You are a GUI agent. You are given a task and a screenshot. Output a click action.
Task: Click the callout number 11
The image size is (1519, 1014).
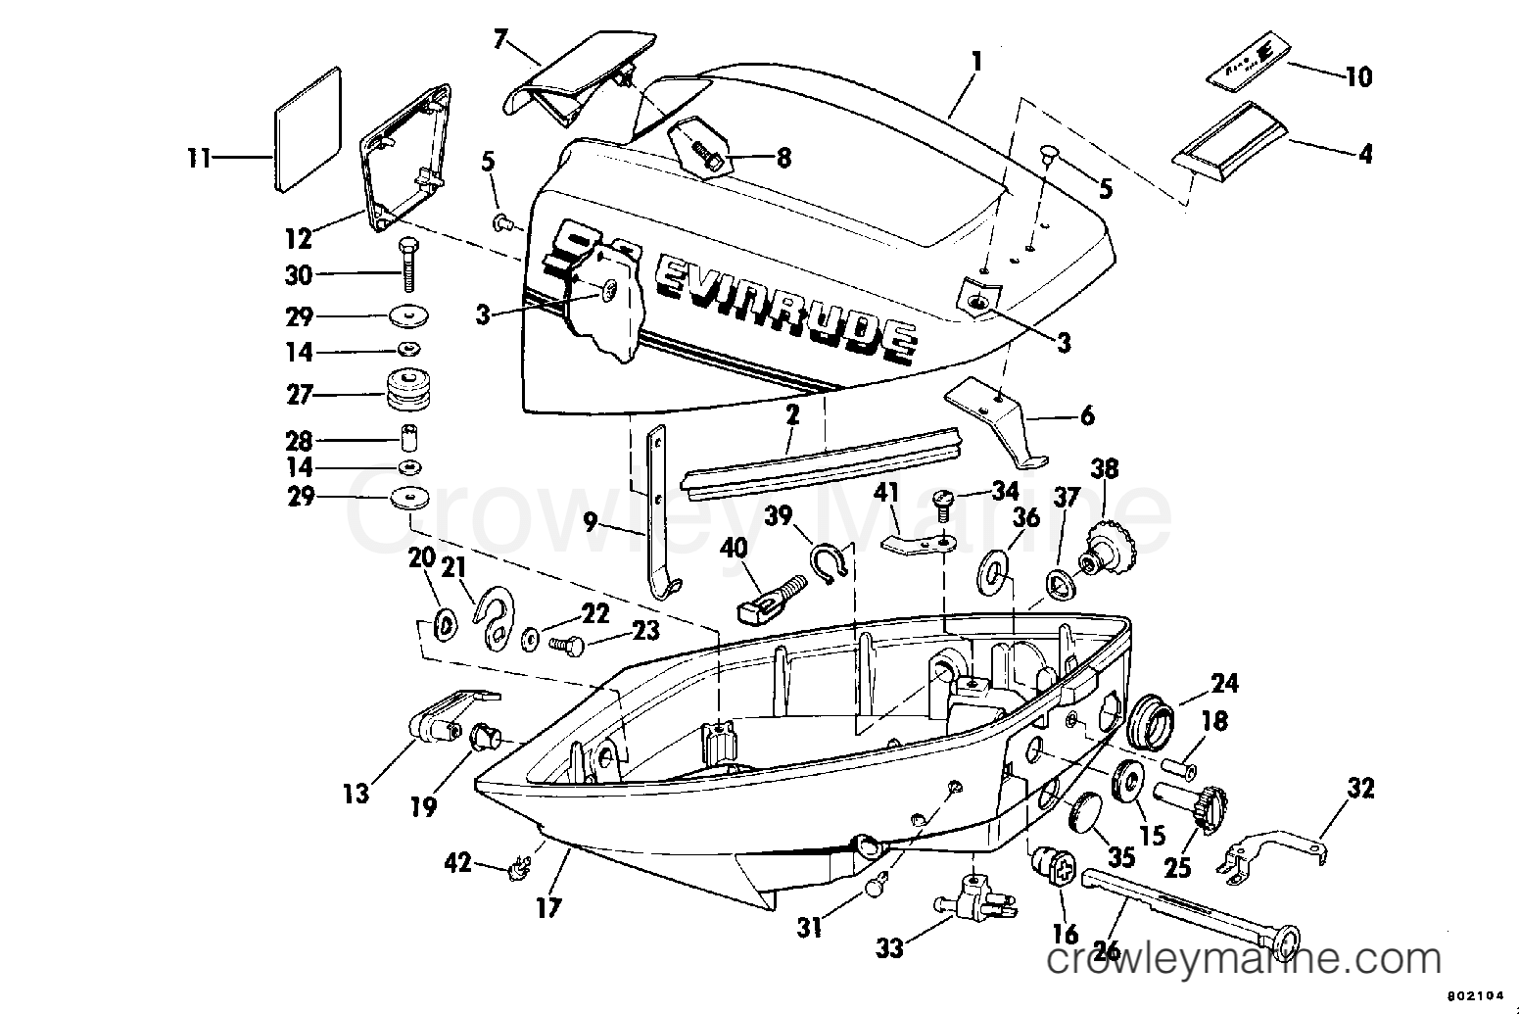200,158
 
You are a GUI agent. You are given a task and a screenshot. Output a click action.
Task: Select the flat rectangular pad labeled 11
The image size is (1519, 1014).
306,129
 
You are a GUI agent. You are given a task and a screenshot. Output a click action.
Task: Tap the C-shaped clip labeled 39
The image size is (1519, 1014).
829,564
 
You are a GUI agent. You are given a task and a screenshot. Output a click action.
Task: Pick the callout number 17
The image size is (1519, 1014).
549,908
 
